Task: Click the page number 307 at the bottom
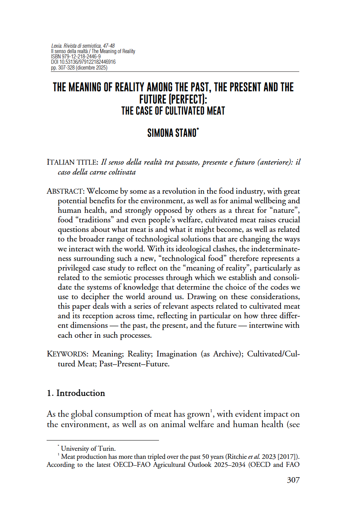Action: pos(293,480)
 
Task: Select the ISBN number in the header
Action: pos(76,57)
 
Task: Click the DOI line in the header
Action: pos(83,62)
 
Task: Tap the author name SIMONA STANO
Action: pos(173,133)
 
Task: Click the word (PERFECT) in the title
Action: pos(173,99)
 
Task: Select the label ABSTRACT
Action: pos(65,191)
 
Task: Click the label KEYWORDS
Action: pos(67,354)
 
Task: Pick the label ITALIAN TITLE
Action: pos(72,162)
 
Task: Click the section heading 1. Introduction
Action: pos(76,393)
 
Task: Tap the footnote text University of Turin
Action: pos(88,449)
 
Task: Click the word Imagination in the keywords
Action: pos(177,354)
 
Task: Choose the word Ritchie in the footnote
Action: pos(237,457)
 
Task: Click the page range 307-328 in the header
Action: pos(66,68)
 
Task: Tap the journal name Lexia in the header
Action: pos(57,46)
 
